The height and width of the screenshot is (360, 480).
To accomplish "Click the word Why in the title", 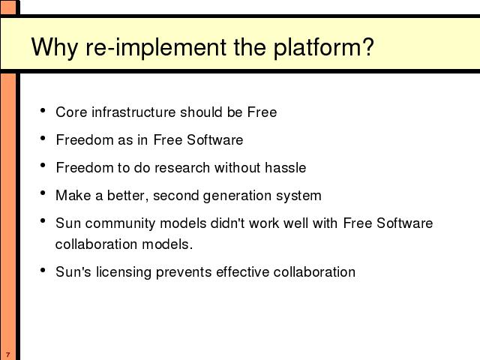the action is tap(54, 47).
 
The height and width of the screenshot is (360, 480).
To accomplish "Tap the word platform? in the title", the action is tap(323, 47).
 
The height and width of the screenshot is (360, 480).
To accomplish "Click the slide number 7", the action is tap(8, 355).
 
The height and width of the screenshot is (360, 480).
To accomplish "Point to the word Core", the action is tap(71, 112).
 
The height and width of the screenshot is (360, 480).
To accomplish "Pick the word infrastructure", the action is tap(133, 112).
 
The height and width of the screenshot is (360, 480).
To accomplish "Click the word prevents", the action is tap(184, 272).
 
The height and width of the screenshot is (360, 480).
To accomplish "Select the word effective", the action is tap(242, 271).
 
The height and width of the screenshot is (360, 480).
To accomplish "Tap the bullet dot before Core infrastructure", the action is tap(43, 110).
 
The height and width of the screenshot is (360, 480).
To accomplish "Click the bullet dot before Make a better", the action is tap(43, 193).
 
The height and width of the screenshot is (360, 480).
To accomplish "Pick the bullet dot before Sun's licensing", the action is tap(43, 270).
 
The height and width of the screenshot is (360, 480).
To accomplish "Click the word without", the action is tap(237, 168).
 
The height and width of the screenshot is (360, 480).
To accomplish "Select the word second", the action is tap(175, 196).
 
